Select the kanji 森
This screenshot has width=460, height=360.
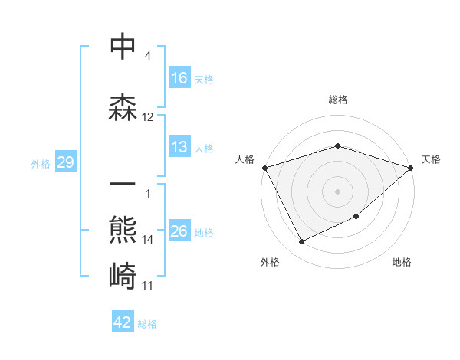[x=123, y=108]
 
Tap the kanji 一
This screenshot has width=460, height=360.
[x=123, y=185]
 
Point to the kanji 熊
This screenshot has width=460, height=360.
[x=123, y=230]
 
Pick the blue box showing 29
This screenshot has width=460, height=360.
[x=65, y=162]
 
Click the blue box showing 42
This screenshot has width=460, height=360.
[x=123, y=322]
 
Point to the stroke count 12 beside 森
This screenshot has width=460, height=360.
[x=148, y=117]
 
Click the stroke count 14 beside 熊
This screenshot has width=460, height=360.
[x=148, y=240]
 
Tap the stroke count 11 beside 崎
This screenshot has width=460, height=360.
[x=148, y=286]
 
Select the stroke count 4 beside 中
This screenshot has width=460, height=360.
[x=147, y=56]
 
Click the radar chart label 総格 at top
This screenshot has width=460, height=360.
[x=337, y=100]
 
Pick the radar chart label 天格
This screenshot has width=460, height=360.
[x=432, y=159]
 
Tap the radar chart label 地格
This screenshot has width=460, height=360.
[x=402, y=262]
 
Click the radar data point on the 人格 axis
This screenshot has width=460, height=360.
[x=264, y=167]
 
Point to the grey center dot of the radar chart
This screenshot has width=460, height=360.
[x=337, y=191]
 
